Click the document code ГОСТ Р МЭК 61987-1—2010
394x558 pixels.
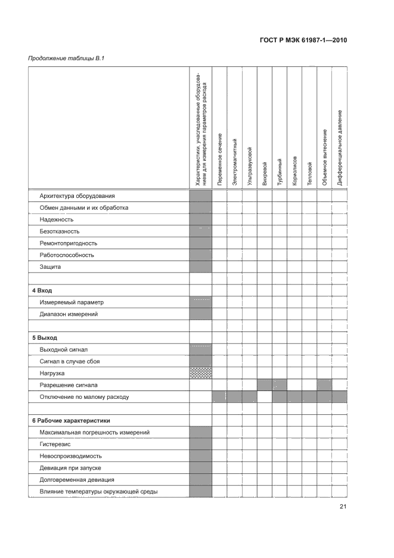tap(303, 41)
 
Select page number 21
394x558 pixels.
tap(343, 507)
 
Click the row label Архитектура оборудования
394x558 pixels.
tap(77, 196)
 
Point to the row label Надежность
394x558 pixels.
tap(57, 219)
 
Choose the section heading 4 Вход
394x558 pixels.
tap(42, 290)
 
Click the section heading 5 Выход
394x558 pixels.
tap(45, 337)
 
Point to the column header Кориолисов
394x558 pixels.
tap(294, 170)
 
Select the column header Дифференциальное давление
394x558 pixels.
tap(339, 147)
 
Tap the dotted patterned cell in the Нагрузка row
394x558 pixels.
tap(200, 373)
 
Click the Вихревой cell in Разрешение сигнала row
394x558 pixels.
tap(264, 385)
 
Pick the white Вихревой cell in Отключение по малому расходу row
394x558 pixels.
tap(264, 396)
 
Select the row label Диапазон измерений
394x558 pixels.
tap(69, 314)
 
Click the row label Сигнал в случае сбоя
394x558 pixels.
tap(70, 361)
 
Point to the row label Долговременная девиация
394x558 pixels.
tap(77, 479)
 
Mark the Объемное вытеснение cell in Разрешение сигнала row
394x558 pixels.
tap(324, 385)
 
